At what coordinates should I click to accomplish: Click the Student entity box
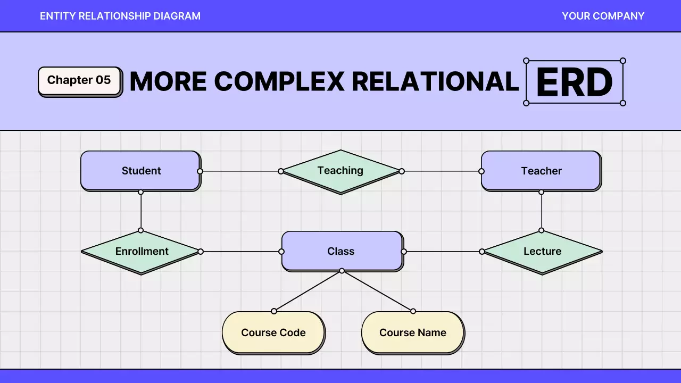point(140,171)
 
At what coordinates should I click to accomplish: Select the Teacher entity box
point(541,171)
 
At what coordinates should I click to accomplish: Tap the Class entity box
point(341,251)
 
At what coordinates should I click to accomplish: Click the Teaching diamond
point(340,171)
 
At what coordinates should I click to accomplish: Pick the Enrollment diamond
point(142,252)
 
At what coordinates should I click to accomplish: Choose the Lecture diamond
point(542,252)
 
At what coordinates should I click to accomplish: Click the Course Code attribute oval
point(273,332)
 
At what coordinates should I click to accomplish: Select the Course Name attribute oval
point(413,332)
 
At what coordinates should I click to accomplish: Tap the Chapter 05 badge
point(79,80)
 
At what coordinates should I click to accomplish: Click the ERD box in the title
point(575,82)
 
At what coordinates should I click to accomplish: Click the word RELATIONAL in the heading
point(435,81)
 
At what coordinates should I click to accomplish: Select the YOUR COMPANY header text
point(603,16)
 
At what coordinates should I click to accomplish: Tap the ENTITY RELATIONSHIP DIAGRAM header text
point(120,16)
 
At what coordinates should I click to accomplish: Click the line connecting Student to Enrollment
point(141,211)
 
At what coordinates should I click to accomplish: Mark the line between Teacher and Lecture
point(542,211)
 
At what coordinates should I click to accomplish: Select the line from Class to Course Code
point(308,291)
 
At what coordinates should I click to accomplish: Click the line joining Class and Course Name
point(377,291)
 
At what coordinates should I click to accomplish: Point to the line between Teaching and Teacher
point(442,171)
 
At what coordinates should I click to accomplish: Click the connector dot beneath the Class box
point(342,271)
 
